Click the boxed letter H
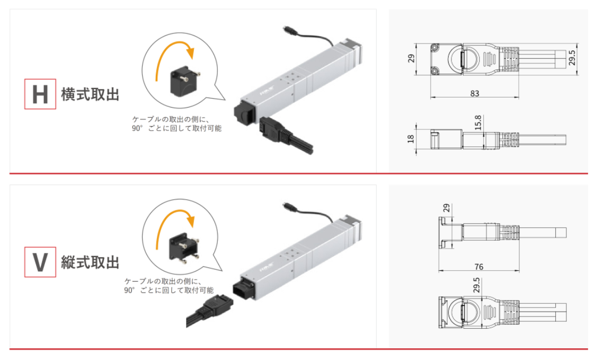pyautogui.click(x=40, y=94)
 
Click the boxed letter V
pyautogui.click(x=40, y=262)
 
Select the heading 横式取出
pyautogui.click(x=91, y=94)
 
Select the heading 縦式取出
pyautogui.click(x=91, y=262)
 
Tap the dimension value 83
pyautogui.click(x=475, y=93)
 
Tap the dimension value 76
pyautogui.click(x=479, y=267)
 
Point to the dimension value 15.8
pyautogui.click(x=478, y=122)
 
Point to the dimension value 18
pyautogui.click(x=411, y=138)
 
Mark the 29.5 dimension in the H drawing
pyautogui.click(x=572, y=58)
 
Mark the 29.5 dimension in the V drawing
pyautogui.click(x=476, y=285)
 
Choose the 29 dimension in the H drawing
pyautogui.click(x=411, y=58)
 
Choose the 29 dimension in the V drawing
pyautogui.click(x=446, y=208)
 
